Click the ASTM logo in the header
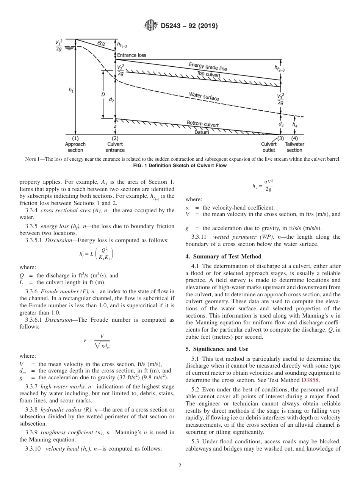point(151,26)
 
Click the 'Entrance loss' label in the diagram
point(131,55)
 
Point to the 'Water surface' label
point(204,96)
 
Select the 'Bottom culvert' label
point(202,124)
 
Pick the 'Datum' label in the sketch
point(202,132)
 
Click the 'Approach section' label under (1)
point(75,147)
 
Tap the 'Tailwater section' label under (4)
point(294,147)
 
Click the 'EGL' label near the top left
point(102,44)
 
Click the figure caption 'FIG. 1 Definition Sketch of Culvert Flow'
point(180,166)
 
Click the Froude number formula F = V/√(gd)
point(97,341)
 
